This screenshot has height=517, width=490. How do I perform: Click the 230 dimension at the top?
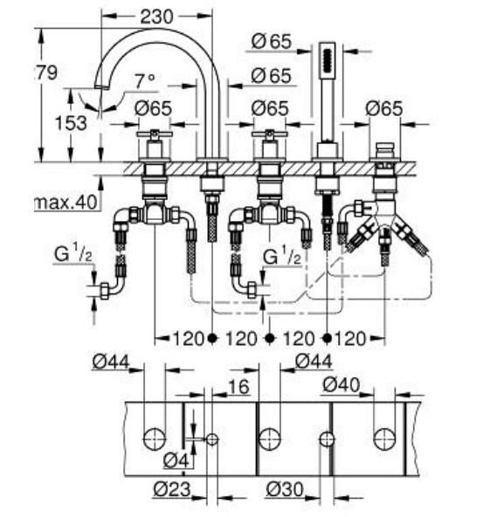(157, 15)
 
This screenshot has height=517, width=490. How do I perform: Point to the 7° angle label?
(145, 80)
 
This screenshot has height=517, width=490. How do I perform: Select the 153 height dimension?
(71, 123)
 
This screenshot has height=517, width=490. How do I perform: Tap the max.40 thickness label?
(64, 203)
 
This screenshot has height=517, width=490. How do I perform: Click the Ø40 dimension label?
(340, 384)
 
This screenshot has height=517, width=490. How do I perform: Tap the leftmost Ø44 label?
(109, 361)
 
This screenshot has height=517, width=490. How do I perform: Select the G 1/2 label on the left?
(74, 256)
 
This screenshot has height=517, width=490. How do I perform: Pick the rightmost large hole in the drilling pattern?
(384, 438)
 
